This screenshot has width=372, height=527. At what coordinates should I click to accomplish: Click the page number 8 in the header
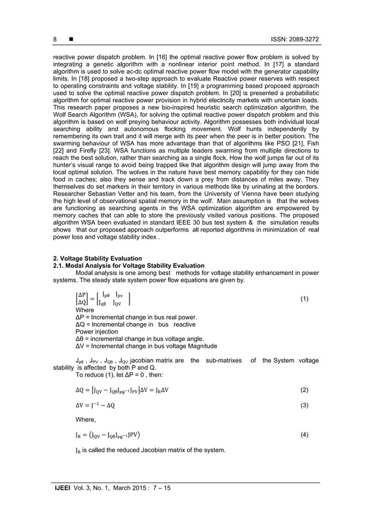click(x=55, y=39)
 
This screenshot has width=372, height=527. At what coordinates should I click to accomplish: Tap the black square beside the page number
click(x=71, y=39)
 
